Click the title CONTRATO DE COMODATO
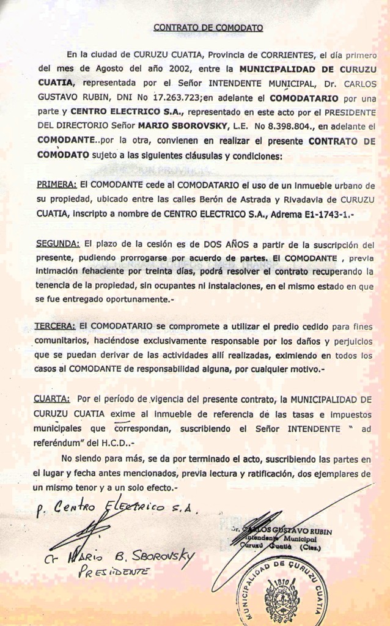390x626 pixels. tap(208, 28)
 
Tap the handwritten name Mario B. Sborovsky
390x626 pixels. tap(122, 557)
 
